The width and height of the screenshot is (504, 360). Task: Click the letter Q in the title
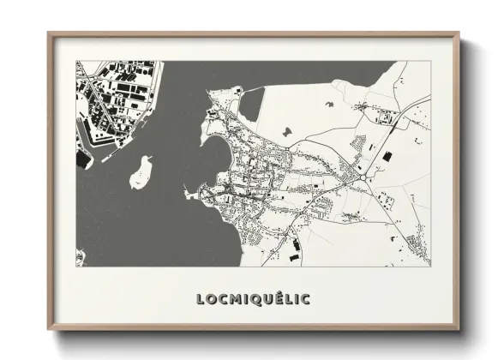(255, 299)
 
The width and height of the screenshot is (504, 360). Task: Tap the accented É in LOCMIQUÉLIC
(280, 298)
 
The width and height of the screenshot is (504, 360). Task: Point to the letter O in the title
(210, 299)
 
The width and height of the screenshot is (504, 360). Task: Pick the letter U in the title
(267, 299)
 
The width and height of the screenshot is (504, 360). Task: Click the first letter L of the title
(200, 299)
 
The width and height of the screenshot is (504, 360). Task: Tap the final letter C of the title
(306, 299)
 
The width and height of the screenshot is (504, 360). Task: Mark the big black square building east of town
(385, 156)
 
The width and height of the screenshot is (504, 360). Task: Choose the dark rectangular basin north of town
(251, 104)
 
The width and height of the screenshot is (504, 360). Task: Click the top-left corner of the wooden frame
(49, 34)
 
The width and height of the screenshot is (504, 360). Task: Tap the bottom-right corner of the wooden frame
(459, 329)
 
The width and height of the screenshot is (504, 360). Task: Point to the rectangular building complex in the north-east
(374, 109)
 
